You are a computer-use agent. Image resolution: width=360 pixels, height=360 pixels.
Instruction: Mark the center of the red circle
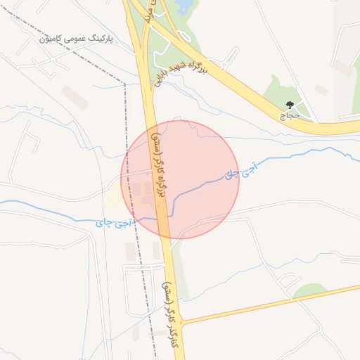point(180,179)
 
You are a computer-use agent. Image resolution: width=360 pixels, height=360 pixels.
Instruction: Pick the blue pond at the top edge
point(184,7)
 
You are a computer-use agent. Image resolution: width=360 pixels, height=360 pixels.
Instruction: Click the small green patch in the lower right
point(310,290)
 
